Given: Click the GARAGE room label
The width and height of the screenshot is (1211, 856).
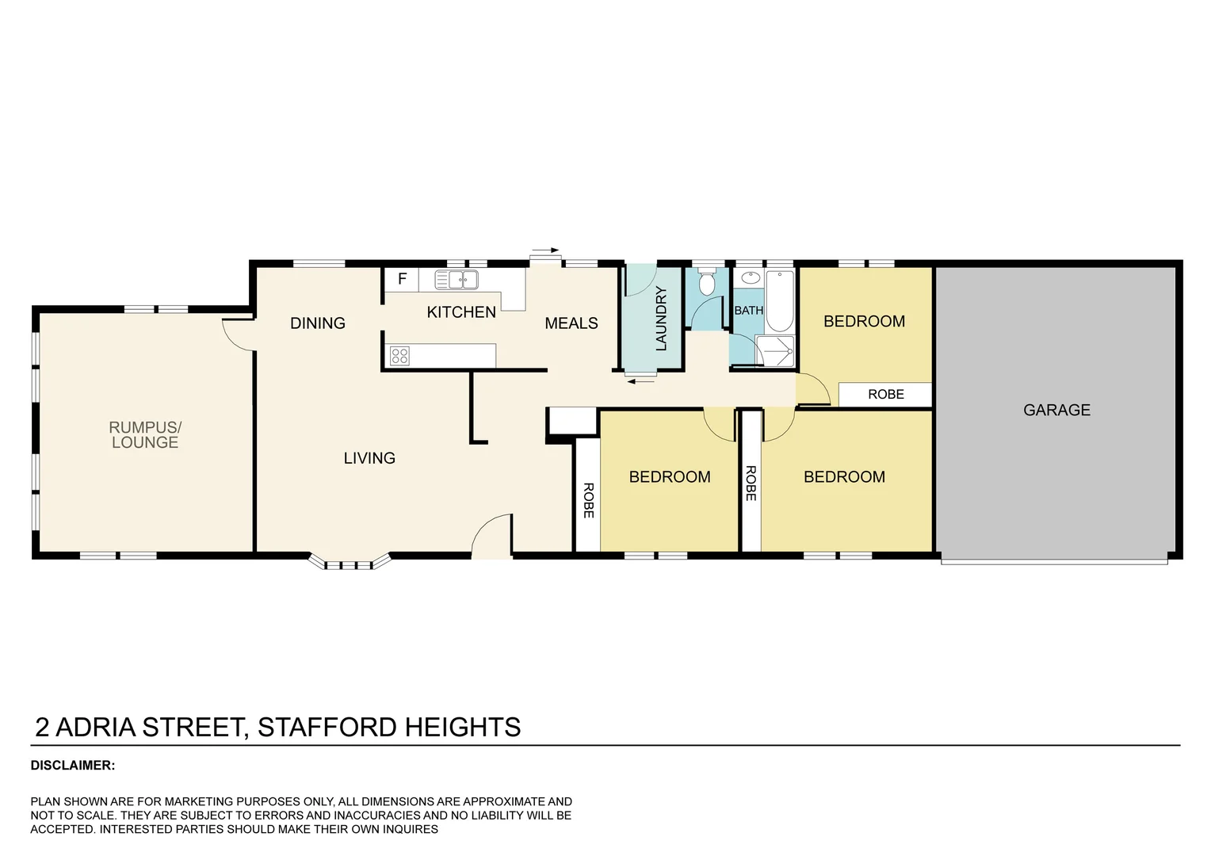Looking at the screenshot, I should (x=1056, y=410).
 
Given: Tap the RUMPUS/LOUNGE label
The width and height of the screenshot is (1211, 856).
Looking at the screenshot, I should (x=145, y=434).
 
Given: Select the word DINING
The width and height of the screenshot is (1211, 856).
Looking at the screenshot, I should (x=317, y=323).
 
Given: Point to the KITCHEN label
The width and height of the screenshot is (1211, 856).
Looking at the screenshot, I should (x=461, y=312).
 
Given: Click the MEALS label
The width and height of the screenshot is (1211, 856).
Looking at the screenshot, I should (x=571, y=323).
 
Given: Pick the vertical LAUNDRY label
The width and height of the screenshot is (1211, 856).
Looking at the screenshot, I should (x=662, y=319).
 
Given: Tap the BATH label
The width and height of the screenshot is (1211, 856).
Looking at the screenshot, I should (x=748, y=311).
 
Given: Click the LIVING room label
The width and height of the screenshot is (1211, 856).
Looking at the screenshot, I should (x=369, y=458).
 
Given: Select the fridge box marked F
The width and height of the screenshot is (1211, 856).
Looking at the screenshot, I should (x=402, y=279).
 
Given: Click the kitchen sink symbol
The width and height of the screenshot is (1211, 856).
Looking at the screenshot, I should (x=457, y=279).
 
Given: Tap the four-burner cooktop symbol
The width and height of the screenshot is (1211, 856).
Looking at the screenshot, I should (x=399, y=356).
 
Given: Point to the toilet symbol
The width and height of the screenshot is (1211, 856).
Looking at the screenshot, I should (x=708, y=282).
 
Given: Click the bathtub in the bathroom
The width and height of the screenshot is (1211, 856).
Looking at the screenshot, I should (x=779, y=301).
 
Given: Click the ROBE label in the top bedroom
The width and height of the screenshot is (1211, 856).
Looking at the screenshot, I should (x=885, y=394).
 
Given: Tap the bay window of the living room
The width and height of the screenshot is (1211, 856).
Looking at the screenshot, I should (x=350, y=562).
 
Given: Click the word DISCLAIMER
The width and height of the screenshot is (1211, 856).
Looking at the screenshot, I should (x=72, y=766).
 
